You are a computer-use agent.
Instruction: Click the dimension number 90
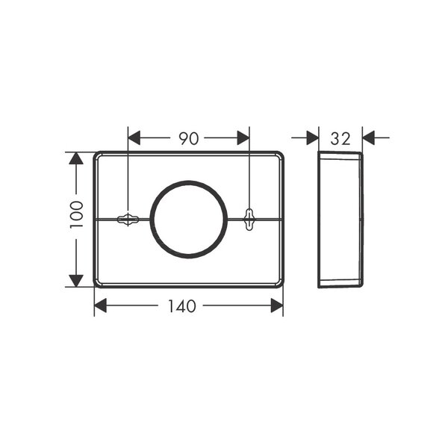(189, 138)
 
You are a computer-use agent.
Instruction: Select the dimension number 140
(181, 306)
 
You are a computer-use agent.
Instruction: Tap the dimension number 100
(77, 214)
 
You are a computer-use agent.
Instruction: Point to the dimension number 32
(340, 139)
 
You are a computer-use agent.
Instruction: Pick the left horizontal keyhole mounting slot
(128, 220)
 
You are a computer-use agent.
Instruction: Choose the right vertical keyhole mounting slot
(249, 220)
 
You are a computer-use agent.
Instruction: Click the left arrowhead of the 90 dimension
(134, 137)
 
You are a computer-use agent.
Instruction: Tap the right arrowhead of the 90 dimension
(243, 137)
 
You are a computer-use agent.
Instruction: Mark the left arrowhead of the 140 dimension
(100, 306)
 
